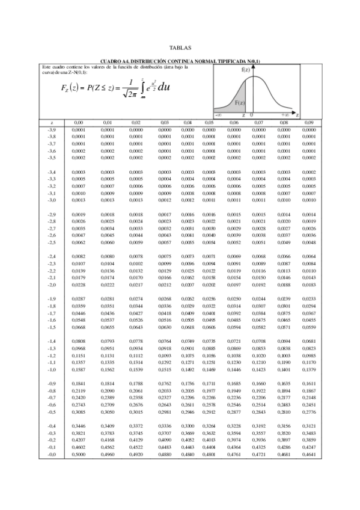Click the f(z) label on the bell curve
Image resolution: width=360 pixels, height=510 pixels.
click(246, 69)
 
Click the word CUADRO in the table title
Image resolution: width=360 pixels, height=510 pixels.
click(111, 61)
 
